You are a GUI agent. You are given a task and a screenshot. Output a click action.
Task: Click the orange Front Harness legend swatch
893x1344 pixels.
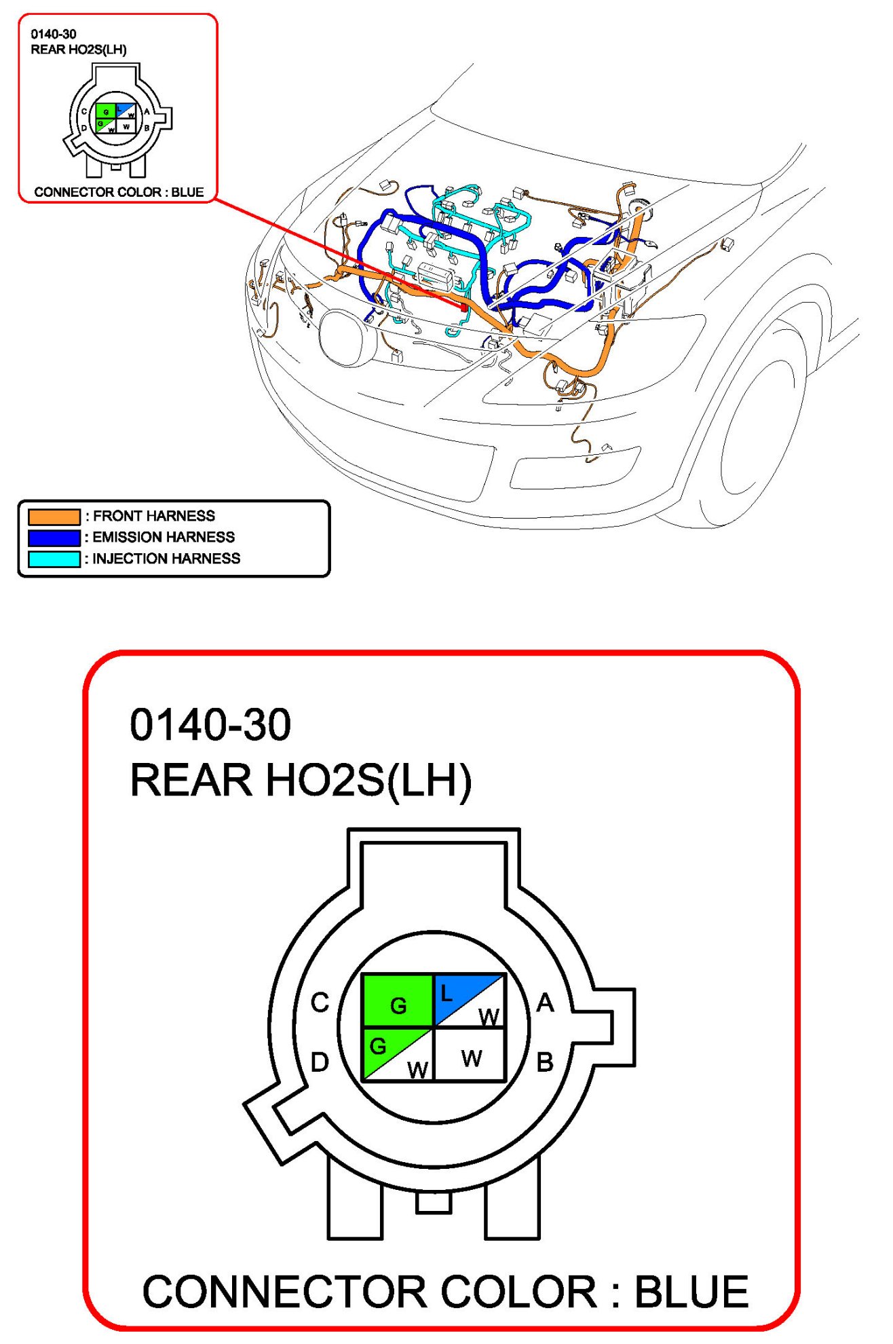click(54, 517)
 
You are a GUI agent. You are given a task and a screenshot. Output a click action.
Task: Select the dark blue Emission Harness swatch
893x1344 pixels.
click(54, 538)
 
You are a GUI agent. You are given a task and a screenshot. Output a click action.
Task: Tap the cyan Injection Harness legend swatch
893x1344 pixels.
click(54, 559)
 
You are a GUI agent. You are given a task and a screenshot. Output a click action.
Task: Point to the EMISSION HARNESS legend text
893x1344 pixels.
click(164, 537)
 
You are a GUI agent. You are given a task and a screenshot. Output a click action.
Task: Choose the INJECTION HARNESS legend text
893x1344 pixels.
click(166, 558)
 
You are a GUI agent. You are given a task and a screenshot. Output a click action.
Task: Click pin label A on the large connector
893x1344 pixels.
click(545, 1003)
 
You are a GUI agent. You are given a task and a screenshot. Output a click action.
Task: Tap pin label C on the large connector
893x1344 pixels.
click(320, 1003)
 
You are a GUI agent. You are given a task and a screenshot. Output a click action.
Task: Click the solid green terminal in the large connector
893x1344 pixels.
click(398, 1001)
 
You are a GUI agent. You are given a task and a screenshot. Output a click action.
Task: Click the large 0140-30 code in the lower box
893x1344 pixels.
click(210, 725)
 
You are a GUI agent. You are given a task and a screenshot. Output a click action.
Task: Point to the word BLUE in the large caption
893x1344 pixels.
click(691, 1292)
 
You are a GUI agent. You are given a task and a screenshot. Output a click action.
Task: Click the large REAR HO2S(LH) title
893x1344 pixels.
click(301, 780)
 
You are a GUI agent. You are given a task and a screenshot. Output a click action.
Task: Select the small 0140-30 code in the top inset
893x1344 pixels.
click(54, 34)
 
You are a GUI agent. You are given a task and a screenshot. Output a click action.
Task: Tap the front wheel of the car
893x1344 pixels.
click(760, 434)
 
